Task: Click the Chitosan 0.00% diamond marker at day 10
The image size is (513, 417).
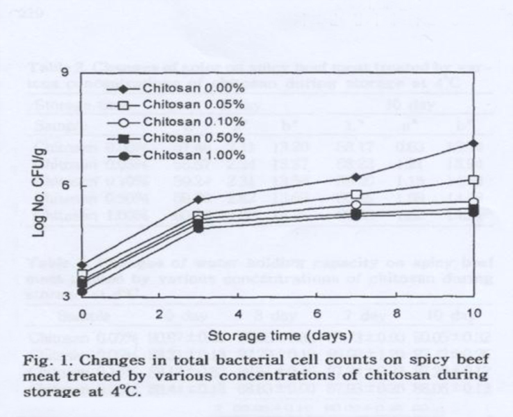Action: coord(474,143)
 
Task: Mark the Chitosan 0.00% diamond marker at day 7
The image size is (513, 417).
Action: coord(357,176)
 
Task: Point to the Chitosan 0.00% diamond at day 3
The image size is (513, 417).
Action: coord(199,200)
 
